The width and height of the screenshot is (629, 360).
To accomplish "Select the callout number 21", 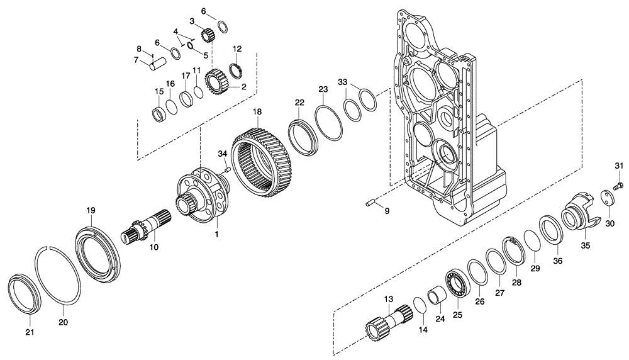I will (x=30, y=332).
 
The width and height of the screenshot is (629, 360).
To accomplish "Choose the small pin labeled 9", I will (x=370, y=203).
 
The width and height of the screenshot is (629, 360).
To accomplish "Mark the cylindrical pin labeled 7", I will (x=158, y=64).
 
